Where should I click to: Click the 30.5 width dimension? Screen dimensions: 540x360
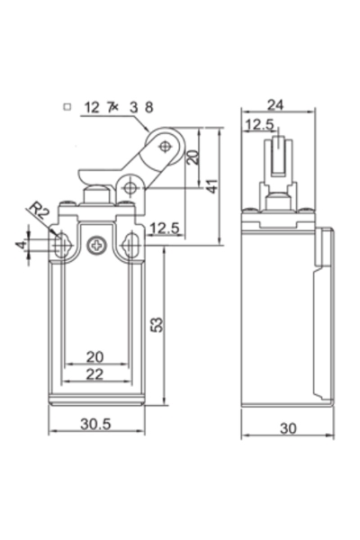[x=94, y=424]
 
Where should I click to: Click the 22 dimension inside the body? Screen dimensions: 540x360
[x=94, y=373]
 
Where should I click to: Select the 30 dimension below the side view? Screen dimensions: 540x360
[x=287, y=428]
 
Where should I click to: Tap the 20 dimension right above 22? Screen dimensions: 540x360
[x=94, y=356]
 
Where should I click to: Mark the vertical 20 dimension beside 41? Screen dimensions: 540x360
[x=192, y=157]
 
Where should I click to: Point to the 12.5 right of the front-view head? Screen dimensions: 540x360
[x=166, y=228]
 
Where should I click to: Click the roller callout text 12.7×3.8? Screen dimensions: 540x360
[x=118, y=107]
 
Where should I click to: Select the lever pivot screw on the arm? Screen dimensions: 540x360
[x=131, y=188]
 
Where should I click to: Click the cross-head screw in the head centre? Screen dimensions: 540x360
[x=96, y=242]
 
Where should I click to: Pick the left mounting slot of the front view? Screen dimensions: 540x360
[x=60, y=243]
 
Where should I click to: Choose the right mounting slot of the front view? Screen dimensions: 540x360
[x=131, y=243]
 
